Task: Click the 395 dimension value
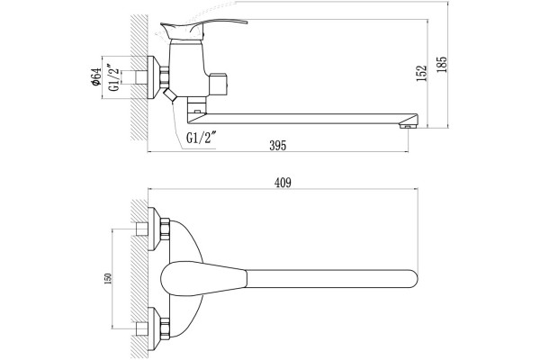click(x=277, y=146)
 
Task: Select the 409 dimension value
click(x=283, y=183)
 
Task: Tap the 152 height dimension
click(x=421, y=74)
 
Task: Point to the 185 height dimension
click(x=442, y=65)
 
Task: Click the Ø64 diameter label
click(x=95, y=76)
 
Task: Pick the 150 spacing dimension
click(x=108, y=279)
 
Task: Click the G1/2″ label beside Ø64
click(x=114, y=76)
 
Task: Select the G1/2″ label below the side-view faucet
click(x=201, y=138)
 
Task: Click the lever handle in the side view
click(x=203, y=29)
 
